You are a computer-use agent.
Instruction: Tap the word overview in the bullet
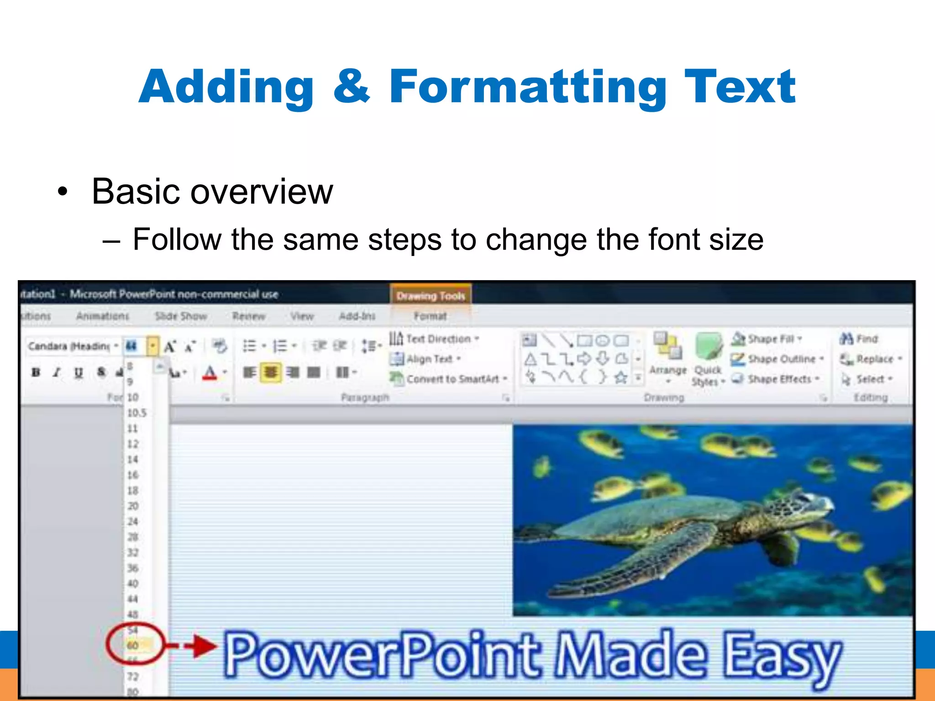point(261,192)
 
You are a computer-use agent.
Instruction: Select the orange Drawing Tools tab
point(431,296)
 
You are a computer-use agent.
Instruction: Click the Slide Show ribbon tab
point(181,316)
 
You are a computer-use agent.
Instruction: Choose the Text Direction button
point(434,339)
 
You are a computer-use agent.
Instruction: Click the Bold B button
point(36,372)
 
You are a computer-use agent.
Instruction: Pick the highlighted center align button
point(270,372)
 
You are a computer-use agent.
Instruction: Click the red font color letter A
point(210,372)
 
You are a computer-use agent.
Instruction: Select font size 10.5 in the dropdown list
point(137,413)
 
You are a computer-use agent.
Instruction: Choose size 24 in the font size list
point(133,521)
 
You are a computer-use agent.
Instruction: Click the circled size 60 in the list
point(133,645)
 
